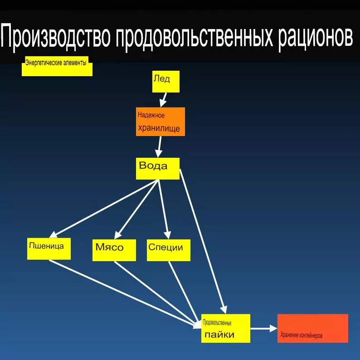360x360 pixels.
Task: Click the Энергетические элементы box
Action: coord(57,66)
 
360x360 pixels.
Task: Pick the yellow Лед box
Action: coord(166,82)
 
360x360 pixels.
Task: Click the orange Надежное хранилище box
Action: coord(160,122)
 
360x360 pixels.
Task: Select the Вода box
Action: coord(157,169)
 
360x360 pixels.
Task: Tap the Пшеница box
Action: coord(49,249)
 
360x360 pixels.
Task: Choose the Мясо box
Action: coord(114,250)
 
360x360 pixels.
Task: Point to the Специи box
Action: coord(169,250)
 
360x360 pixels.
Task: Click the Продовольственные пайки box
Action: coord(226,328)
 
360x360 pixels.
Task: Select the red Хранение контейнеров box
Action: coord(313,328)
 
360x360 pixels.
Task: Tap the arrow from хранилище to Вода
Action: coord(159,147)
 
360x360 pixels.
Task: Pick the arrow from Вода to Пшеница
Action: coord(104,209)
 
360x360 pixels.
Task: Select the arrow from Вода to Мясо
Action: coord(136,209)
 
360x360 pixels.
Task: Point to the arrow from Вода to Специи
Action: coord(164,209)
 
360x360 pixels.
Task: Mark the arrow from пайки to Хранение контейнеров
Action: coord(264,328)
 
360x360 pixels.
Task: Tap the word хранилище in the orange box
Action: coord(159,128)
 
